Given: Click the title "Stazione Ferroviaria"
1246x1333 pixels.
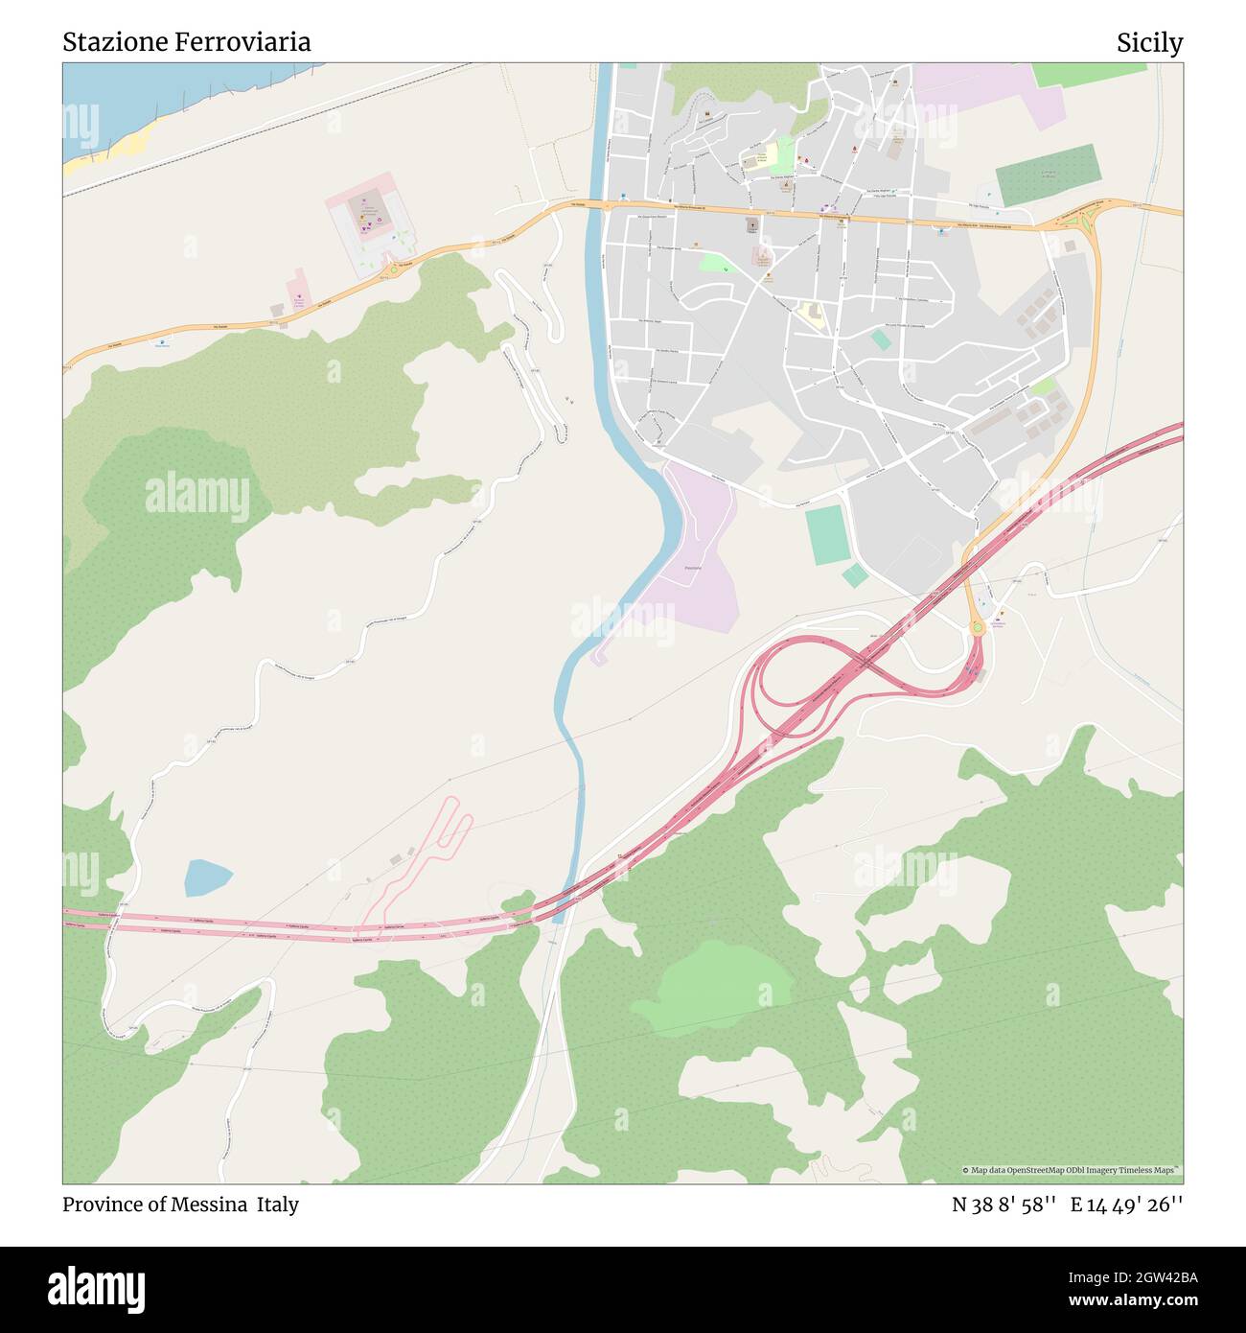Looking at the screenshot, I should [x=187, y=42].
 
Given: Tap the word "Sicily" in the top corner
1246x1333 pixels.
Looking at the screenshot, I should [x=1149, y=43].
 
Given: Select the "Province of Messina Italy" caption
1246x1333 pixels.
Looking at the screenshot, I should [x=180, y=1204].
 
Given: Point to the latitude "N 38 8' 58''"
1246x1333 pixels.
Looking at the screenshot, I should [x=1004, y=1205].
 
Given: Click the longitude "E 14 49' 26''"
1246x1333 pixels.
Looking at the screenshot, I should [x=1126, y=1205].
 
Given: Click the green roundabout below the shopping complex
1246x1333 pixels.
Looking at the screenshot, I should [x=393, y=269].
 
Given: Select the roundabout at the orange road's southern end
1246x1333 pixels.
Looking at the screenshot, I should [x=977, y=627].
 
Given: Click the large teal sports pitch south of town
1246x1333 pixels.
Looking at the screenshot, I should [x=825, y=534].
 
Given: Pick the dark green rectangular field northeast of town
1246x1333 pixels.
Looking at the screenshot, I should [x=1046, y=175].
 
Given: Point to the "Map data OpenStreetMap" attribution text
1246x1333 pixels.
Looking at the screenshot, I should [x=1072, y=1170].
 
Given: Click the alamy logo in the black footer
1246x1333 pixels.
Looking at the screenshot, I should [x=96, y=1287].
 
